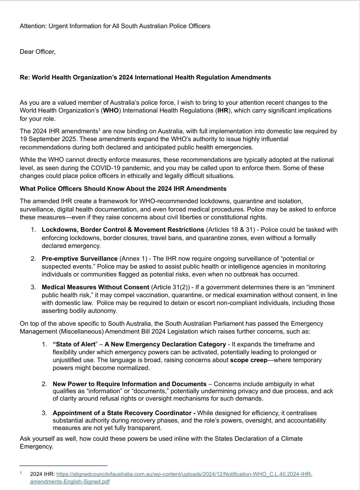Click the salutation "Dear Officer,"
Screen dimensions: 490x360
(x=37, y=52)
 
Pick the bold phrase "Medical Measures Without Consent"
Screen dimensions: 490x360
(x=95, y=287)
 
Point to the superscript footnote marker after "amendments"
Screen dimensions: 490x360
(x=99, y=130)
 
